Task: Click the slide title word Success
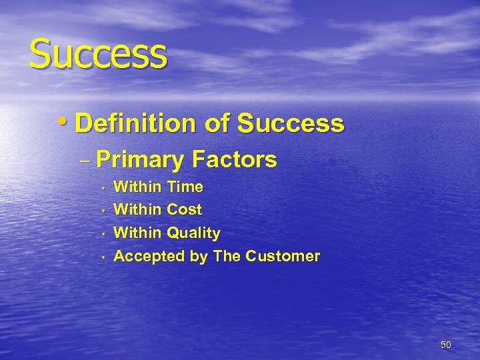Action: point(97,53)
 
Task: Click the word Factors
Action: point(234,160)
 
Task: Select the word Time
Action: point(185,186)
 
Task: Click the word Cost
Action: point(184,209)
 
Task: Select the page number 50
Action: point(446,345)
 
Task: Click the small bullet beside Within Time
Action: point(104,187)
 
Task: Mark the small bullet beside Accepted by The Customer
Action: point(104,257)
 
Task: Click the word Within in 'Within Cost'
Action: point(138,209)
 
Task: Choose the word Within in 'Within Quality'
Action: point(138,233)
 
